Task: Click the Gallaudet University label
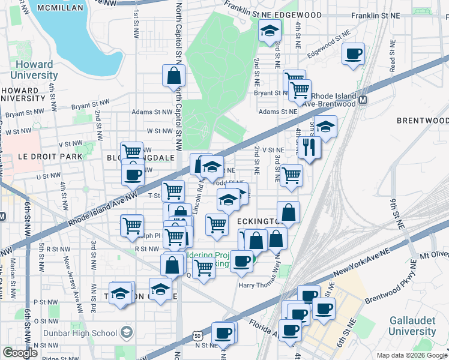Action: pos(412,326)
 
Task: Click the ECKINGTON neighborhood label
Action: pos(258,221)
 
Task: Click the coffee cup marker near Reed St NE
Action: pos(353,54)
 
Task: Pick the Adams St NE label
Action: pos(278,112)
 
